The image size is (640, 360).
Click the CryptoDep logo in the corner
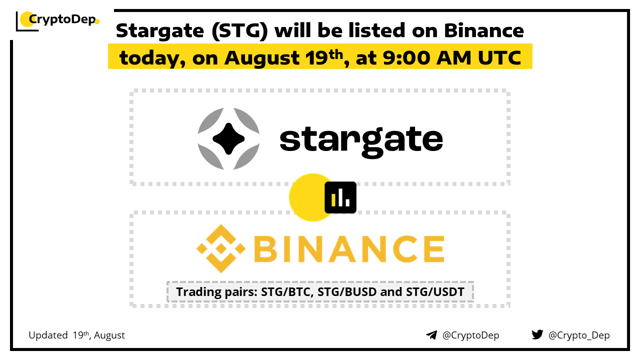point(57,20)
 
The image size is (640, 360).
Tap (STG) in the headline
point(239,31)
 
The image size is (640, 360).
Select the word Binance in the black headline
point(483,30)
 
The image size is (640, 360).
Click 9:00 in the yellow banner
point(406,57)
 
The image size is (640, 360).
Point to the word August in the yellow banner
point(262,58)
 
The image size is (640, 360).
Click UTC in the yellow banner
point(499,57)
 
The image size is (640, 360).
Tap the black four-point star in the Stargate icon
point(228,139)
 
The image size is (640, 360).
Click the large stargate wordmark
point(361,141)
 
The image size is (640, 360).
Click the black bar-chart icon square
point(340,197)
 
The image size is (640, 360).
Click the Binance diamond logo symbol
point(221,248)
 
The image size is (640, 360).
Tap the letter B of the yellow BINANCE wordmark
point(265,248)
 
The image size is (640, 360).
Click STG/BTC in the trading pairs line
point(287,292)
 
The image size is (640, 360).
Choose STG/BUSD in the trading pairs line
point(347,292)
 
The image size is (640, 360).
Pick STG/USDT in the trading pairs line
point(435,292)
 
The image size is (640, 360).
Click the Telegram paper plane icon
point(431,335)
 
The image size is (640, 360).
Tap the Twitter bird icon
point(537,334)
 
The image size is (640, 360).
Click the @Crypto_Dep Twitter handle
point(579,335)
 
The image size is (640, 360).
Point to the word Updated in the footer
point(48,335)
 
